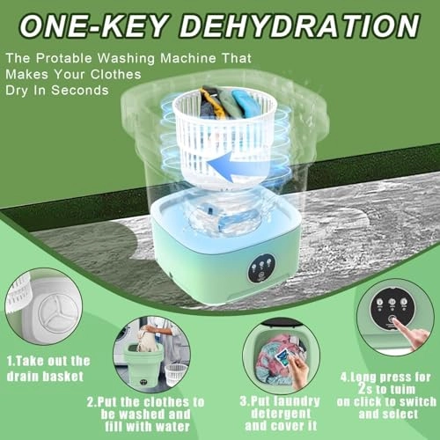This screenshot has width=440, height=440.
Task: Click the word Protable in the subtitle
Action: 64,58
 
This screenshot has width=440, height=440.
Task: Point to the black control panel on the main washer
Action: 261,268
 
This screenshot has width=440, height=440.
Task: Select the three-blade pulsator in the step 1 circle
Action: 58,313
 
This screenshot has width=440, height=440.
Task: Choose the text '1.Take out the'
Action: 48,361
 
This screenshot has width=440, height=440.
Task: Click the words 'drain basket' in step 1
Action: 45,377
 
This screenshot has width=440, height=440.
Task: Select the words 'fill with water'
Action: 147,427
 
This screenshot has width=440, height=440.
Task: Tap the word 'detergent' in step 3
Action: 281,414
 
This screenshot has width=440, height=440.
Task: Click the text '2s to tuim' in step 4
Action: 386,389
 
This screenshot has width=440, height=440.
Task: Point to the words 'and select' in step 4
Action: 388,414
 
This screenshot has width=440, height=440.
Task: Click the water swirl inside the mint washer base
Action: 225,218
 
